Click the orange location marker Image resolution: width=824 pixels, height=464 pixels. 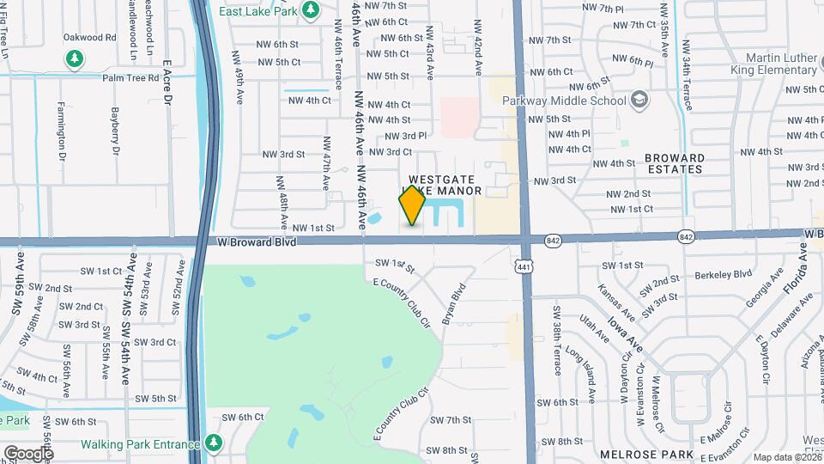click(x=412, y=206)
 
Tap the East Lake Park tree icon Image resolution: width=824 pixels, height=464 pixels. click(x=312, y=10)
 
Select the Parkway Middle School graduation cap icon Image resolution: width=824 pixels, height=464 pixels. click(x=639, y=101)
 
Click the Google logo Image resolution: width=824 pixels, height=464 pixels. click(x=28, y=453)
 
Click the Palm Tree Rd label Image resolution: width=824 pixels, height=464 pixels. click(x=130, y=77)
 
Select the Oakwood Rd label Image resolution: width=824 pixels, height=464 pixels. click(x=89, y=38)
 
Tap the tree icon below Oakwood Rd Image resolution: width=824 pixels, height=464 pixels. click(x=76, y=58)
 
